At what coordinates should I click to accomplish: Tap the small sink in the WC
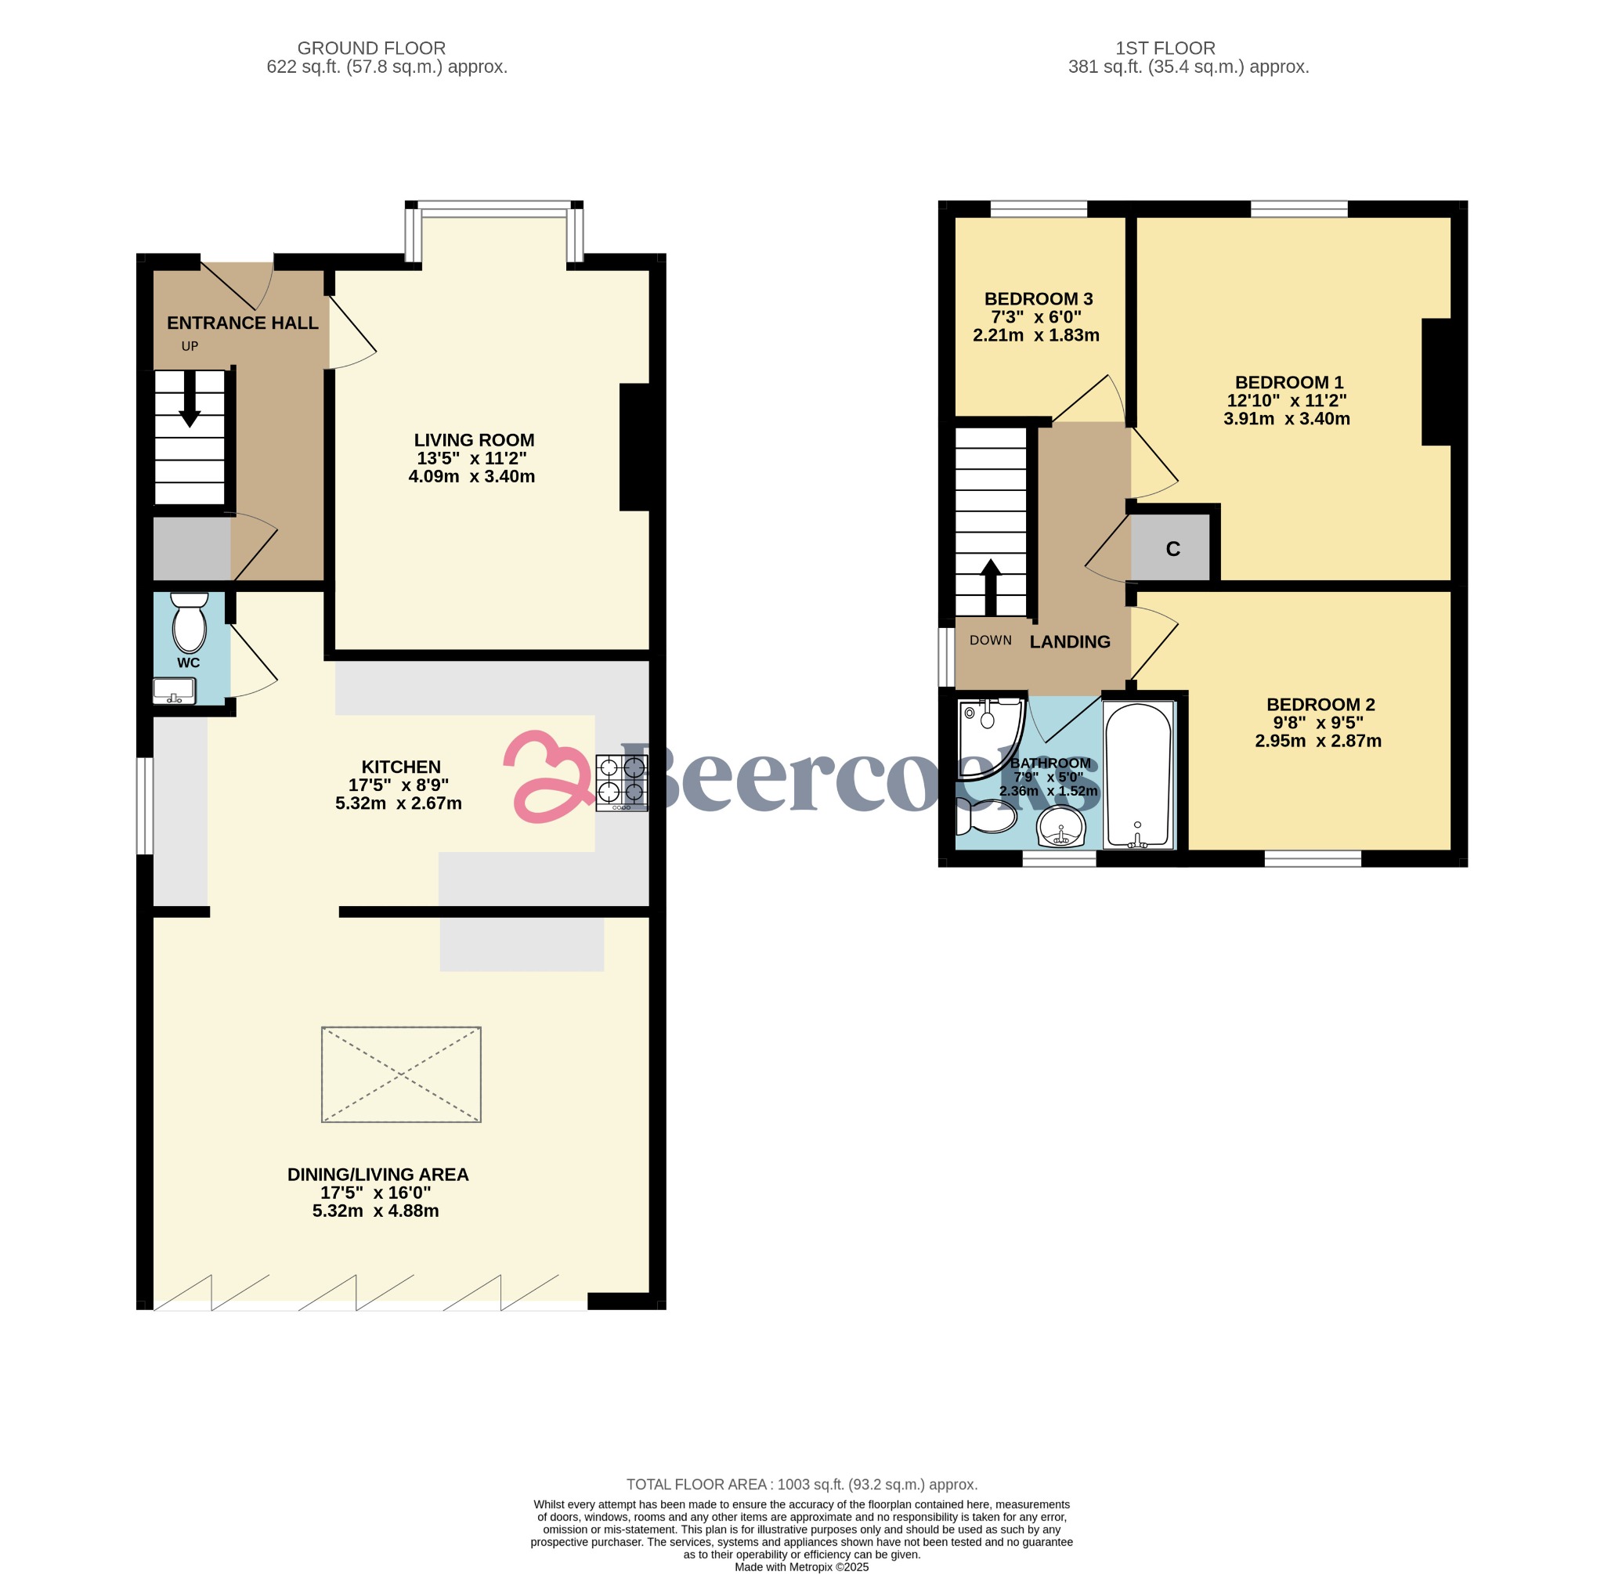tap(175, 690)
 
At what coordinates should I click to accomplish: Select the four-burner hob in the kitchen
tap(622, 782)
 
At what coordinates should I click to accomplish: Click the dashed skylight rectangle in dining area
tap(401, 1074)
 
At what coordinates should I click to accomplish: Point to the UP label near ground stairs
tap(190, 346)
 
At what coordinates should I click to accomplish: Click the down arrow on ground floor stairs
tap(190, 402)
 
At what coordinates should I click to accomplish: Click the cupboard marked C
tap(1172, 548)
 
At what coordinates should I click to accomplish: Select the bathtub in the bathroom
tap(1139, 774)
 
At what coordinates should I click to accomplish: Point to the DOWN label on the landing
tap(991, 640)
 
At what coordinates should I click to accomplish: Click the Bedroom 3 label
tap(1039, 299)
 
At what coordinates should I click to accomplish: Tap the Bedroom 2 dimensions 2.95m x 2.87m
tap(1318, 741)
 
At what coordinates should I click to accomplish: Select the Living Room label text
tap(474, 441)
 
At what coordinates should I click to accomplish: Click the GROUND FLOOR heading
tap(371, 49)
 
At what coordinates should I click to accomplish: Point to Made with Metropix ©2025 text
tap(801, 1566)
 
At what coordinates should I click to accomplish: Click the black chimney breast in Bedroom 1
tap(1437, 382)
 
